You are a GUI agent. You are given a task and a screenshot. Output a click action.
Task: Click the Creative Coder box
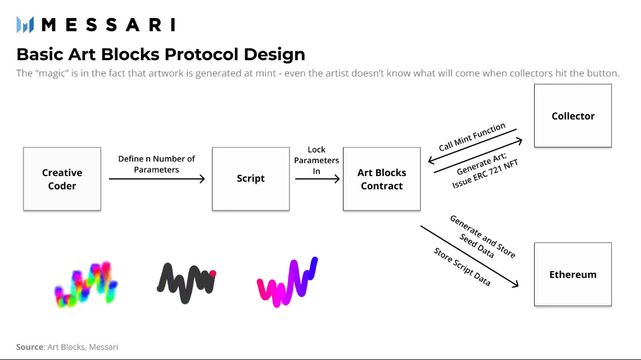coord(62,179)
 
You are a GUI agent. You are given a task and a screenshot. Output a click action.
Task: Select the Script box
coord(251,179)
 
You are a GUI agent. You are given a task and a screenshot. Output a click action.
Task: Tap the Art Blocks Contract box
coord(382,179)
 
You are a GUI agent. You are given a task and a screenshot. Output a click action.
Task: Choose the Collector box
coord(573,116)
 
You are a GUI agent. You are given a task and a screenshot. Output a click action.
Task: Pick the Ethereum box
coord(573,274)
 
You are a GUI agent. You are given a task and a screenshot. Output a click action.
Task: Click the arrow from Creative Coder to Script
coord(156,179)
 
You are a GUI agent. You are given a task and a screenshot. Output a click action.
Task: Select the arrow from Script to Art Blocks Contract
coord(317,179)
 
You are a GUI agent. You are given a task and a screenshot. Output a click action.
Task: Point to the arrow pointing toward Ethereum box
coord(470,256)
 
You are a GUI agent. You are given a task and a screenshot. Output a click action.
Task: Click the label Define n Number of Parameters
coord(156,164)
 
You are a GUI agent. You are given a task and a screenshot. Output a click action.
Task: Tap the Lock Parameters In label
coord(317,160)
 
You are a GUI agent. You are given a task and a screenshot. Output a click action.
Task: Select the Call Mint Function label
coord(472,137)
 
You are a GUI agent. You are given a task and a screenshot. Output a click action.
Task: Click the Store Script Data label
coord(462,267)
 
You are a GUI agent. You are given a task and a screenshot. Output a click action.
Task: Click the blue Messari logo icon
coord(25,25)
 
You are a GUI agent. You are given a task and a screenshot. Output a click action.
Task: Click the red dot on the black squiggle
coord(213,273)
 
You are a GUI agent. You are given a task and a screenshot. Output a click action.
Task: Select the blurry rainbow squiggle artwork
coord(86,284)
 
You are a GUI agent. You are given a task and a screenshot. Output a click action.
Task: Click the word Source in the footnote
coord(30,347)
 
